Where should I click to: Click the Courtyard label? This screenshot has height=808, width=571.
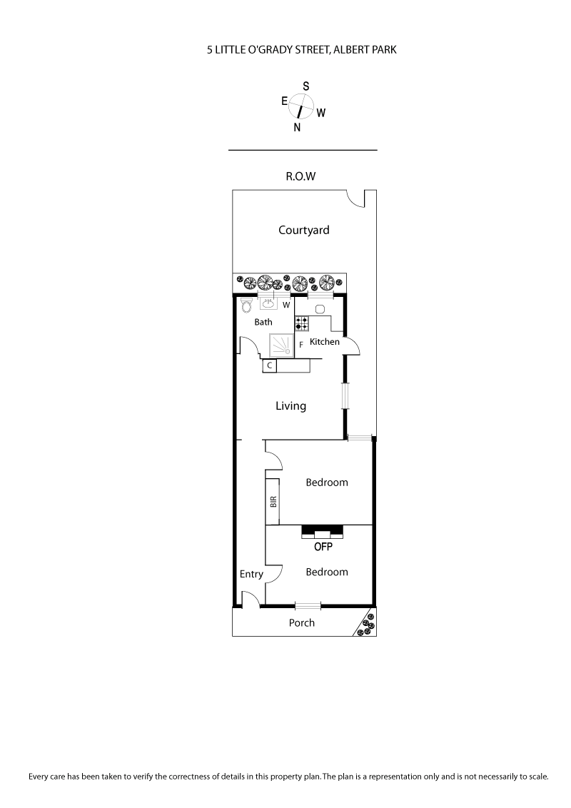pos(303,230)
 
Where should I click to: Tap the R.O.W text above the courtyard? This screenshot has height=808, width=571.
pos(300,176)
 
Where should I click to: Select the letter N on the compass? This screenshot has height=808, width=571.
pos(297,128)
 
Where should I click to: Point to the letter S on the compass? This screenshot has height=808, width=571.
pos(305,86)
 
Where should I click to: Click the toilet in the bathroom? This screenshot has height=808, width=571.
pos(247,305)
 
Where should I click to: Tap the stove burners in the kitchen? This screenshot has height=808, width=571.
pos(301,323)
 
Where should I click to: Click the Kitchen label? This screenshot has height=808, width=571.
pos(325,342)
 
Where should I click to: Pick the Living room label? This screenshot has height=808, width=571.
pos(291,406)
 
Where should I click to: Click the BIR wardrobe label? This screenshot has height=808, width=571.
pos(273,501)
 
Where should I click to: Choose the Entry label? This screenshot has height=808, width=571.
pos(251,574)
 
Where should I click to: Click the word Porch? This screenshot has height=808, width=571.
pos(301,622)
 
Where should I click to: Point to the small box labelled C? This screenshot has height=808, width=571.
pos(270,365)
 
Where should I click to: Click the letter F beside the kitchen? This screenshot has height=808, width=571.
pos(301,345)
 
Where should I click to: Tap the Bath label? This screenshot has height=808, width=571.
pos(263,322)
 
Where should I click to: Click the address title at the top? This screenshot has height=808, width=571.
pos(301,50)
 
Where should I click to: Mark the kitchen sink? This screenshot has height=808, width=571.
pos(320,309)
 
